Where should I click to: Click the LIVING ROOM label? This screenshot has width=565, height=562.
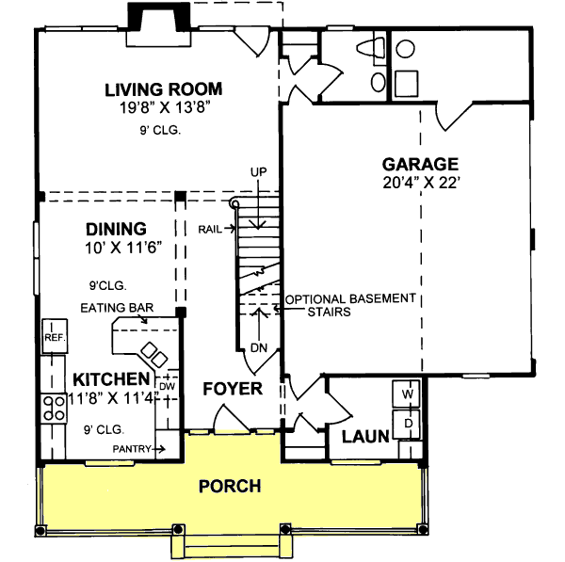[164, 89]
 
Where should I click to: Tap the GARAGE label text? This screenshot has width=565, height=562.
[420, 163]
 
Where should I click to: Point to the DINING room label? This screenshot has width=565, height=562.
[116, 229]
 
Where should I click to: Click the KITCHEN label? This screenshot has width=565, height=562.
[111, 378]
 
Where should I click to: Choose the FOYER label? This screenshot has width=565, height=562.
[232, 388]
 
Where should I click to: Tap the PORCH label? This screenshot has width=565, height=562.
[230, 486]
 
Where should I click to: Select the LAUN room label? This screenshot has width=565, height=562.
[360, 437]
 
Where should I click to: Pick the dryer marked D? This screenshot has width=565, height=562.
[409, 424]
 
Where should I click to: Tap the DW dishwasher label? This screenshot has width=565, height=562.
[168, 385]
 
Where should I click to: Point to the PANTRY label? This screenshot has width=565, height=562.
[132, 449]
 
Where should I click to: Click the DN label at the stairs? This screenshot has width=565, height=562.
[259, 348]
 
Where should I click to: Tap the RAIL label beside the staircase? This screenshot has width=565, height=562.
[210, 229]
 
